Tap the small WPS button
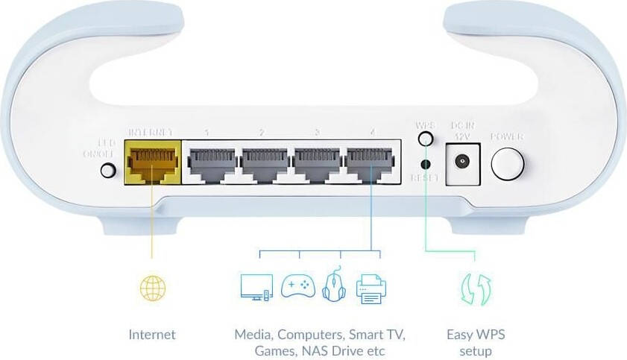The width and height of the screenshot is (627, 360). [425, 139]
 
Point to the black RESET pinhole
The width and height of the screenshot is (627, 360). [426, 164]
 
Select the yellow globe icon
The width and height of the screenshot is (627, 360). [152, 288]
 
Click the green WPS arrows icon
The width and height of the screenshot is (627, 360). [475, 288]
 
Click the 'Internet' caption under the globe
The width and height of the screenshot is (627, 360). [152, 335]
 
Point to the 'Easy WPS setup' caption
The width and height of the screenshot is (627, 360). [475, 343]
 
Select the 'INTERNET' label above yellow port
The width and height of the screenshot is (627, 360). [151, 132]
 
